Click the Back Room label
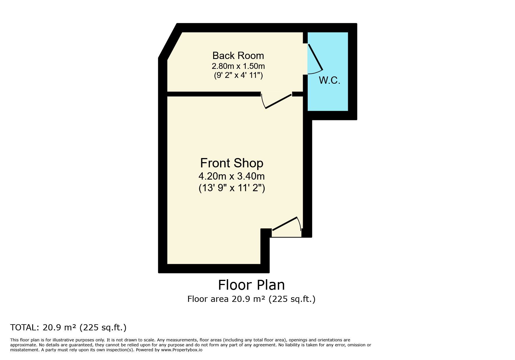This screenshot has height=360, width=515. pos(238,55)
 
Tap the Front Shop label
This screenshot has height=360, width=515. pos(232,163)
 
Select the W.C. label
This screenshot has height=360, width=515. pos(329,80)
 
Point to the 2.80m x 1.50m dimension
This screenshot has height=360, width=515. pos(238,66)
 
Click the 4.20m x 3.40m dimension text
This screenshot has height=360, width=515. pos(231,176)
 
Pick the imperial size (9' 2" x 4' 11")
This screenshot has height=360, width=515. pos(238,75)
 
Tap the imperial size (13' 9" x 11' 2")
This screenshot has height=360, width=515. pos(232,188)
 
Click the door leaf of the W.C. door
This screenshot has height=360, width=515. pos(316,57)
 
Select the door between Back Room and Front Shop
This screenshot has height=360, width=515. pos(278,101)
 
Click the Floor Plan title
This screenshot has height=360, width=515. pos(251,285)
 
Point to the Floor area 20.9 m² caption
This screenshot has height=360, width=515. pos(251,299)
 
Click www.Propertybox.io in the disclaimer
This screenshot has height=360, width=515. pos(182,350)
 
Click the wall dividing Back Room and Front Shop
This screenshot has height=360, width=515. pos(214,94)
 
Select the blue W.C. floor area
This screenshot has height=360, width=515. pos(328,71)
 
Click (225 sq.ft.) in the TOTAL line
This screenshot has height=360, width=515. pos(103,327)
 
